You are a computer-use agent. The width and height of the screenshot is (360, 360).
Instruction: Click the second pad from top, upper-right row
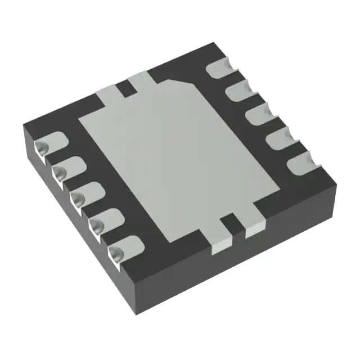(x=239, y=91)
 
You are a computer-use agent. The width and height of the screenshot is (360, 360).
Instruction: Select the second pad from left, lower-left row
(x=67, y=169)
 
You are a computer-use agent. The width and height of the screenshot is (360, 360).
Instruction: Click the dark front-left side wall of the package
(x=79, y=225)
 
